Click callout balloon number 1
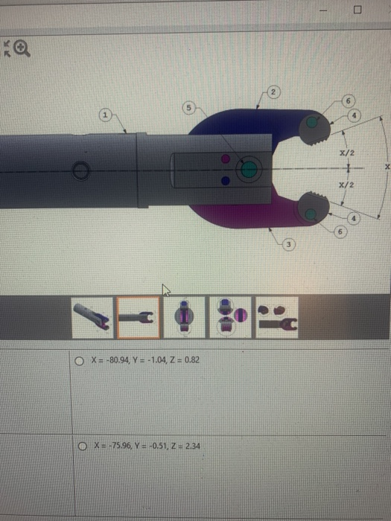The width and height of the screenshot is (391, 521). (x=106, y=115)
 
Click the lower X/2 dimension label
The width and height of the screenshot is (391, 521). (x=345, y=184)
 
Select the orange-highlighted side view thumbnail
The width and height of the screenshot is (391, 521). (x=139, y=318)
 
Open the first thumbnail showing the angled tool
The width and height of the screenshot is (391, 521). (x=94, y=318)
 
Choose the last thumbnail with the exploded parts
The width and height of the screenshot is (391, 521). (x=276, y=318)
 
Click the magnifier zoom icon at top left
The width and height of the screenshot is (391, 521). (x=22, y=48)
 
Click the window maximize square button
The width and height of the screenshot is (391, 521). (x=357, y=10)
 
